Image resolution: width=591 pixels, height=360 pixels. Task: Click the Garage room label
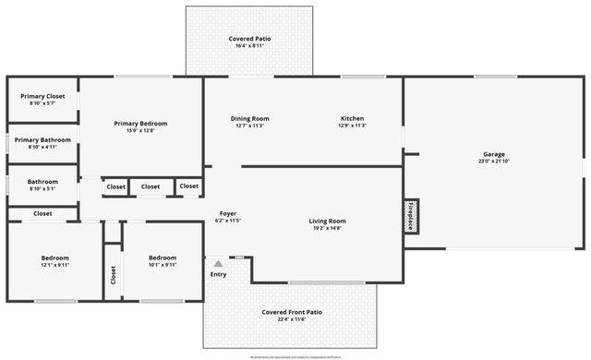click(x=494, y=154)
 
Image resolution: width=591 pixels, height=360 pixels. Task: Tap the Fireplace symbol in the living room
click(x=412, y=214)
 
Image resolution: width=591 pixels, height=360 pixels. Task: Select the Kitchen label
click(x=353, y=118)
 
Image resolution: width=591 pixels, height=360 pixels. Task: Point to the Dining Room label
click(x=249, y=118)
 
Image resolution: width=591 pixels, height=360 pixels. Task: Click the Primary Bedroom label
click(x=140, y=123)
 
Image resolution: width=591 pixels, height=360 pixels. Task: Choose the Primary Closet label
click(x=42, y=96)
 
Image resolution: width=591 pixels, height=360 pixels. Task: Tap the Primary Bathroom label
click(x=42, y=139)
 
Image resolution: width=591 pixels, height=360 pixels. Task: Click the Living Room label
click(x=327, y=221)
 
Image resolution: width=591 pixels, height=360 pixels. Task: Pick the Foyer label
click(x=228, y=213)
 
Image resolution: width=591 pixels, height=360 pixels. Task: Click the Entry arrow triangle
click(x=218, y=264)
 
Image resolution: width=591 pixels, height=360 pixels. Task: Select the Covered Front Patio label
click(x=291, y=312)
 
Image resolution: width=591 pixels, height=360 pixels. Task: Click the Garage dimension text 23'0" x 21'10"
click(x=494, y=162)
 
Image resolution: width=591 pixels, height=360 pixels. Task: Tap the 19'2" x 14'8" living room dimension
click(x=327, y=228)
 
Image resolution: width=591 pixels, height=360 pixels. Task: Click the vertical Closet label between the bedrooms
click(x=114, y=274)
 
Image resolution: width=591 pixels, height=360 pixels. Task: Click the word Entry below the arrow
click(x=218, y=274)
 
